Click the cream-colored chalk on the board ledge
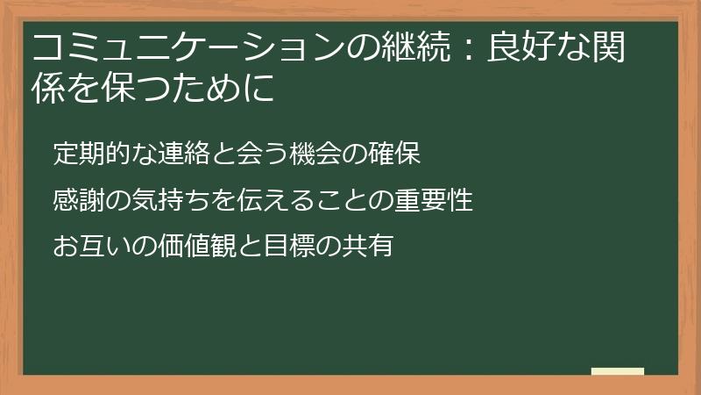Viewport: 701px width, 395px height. pos(618,371)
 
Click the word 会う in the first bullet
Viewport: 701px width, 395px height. pos(262,154)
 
